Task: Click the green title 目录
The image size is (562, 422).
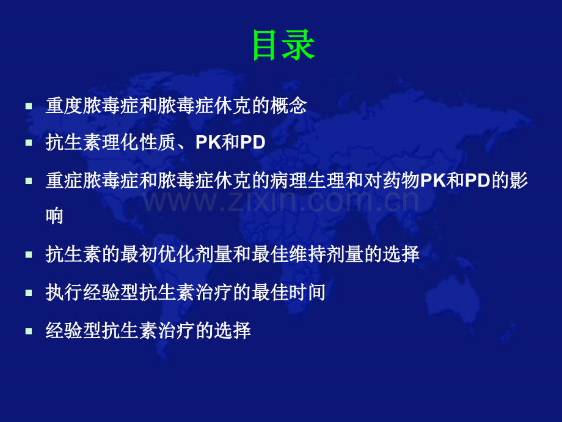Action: point(283,46)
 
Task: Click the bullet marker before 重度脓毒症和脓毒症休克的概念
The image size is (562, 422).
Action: point(29,106)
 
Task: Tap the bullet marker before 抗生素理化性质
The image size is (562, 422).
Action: point(29,143)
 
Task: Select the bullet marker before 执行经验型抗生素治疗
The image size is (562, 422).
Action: point(29,293)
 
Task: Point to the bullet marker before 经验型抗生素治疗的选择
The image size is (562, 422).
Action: point(29,331)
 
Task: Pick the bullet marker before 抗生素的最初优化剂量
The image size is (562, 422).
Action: point(29,255)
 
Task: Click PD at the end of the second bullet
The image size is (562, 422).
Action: point(252,143)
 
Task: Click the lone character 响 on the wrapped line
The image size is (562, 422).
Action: point(54,216)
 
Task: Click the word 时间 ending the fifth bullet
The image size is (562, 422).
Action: point(307,293)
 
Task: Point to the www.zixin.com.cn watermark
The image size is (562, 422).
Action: point(282,201)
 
